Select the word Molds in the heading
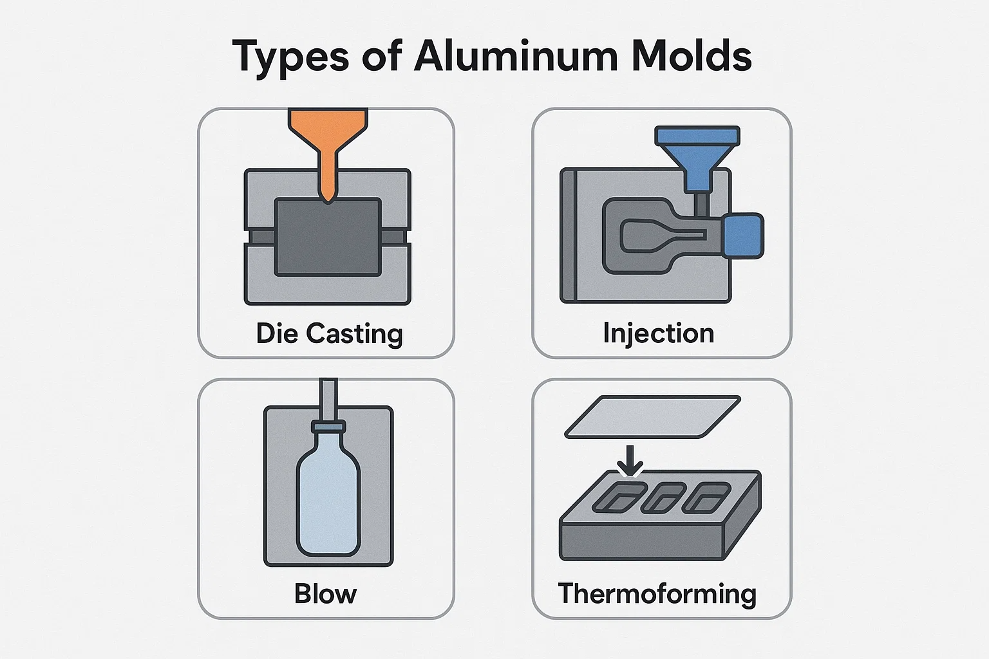[692, 56]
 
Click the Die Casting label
[330, 334]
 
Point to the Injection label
[658, 334]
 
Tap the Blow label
[325, 593]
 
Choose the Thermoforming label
[657, 594]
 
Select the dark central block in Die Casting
[328, 237]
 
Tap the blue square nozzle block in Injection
[744, 236]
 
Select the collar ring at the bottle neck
[328, 427]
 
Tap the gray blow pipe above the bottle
[328, 400]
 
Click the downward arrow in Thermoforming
[630, 461]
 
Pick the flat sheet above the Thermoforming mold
[652, 416]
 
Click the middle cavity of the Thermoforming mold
[663, 498]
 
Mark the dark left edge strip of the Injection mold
[569, 236]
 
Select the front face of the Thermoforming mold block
[641, 542]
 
